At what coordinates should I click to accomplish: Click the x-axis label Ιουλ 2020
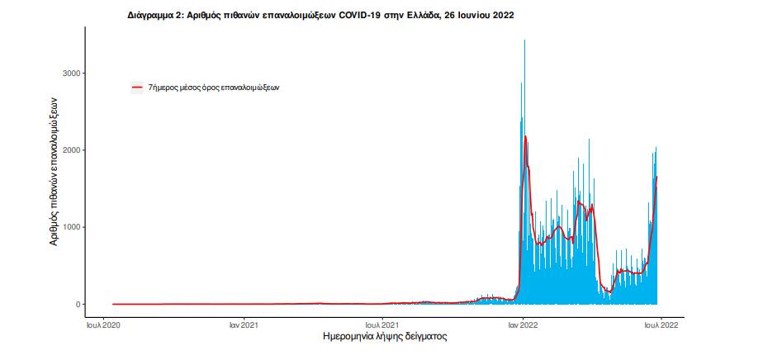click(x=104, y=324)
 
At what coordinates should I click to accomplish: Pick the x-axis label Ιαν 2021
click(x=244, y=324)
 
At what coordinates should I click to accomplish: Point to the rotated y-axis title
click(x=54, y=174)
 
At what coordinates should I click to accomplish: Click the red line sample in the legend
click(x=138, y=87)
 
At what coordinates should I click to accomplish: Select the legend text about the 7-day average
click(x=213, y=87)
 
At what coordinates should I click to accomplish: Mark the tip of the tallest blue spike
click(x=524, y=40)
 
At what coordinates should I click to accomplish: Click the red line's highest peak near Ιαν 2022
click(x=525, y=136)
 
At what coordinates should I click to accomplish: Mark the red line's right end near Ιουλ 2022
click(x=657, y=177)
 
